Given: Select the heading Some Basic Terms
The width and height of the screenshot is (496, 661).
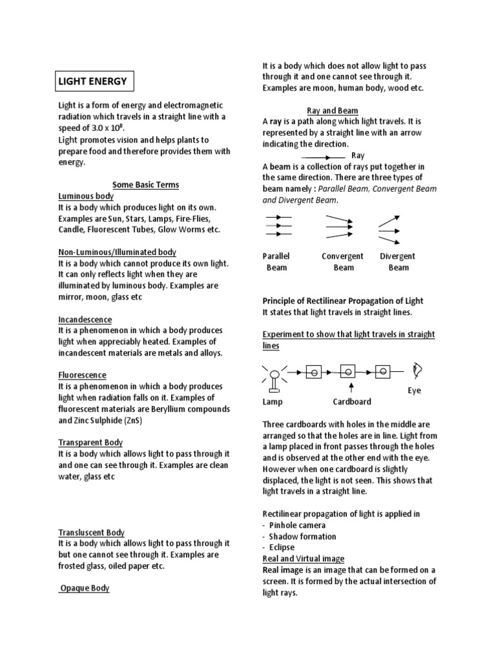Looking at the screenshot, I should (145, 185).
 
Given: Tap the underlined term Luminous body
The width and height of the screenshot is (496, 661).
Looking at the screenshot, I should (86, 196).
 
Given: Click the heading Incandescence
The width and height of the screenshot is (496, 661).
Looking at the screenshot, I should (85, 320).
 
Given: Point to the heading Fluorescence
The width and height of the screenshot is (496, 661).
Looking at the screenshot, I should (82, 375).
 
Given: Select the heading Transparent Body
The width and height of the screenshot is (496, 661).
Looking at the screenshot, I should (90, 442).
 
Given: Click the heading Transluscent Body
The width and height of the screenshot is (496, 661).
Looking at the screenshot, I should (91, 533).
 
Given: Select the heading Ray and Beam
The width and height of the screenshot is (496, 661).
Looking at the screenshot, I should (333, 110).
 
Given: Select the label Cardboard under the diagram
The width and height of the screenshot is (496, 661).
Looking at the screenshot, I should (352, 402).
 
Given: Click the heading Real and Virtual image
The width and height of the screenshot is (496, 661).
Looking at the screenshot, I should (303, 558).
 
